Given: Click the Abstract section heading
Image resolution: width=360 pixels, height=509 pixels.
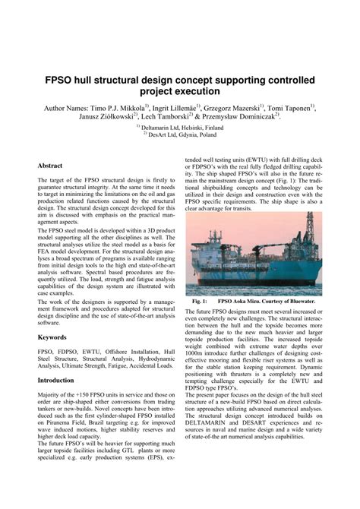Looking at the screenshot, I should pyautogui.click(x=50, y=165).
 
